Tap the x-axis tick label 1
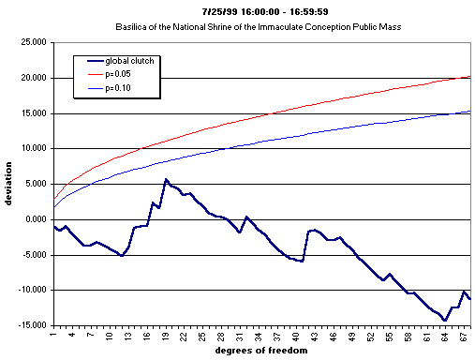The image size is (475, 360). pos(54,333)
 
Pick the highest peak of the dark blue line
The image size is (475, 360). pos(166,179)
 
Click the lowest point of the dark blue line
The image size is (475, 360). pos(445,321)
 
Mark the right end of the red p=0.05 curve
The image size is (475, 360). pos(469,77)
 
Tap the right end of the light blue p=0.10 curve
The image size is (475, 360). pos(469,112)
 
